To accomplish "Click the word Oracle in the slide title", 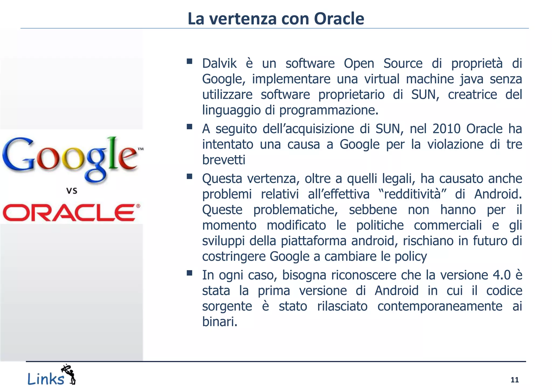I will tap(339, 19).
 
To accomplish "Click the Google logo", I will tap(71, 159).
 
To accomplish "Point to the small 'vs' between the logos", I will tap(72, 191).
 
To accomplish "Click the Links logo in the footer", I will tap(51, 375).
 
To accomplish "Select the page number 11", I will tap(515, 380).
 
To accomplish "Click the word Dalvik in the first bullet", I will tap(219, 64).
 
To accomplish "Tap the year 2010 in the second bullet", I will tap(446, 129).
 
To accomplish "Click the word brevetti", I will tap(224, 160).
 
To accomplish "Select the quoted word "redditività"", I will tap(412, 194).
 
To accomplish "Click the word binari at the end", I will tap(219, 322).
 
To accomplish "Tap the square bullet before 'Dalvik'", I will tap(189, 61).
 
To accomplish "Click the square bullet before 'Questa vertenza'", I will tap(189, 176).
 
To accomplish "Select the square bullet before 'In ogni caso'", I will tap(189, 273).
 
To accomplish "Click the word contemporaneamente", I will tap(440, 306).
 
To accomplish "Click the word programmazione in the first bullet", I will tap(329, 110).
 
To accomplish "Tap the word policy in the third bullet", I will tap(411, 256).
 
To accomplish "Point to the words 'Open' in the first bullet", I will tap(359, 64).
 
